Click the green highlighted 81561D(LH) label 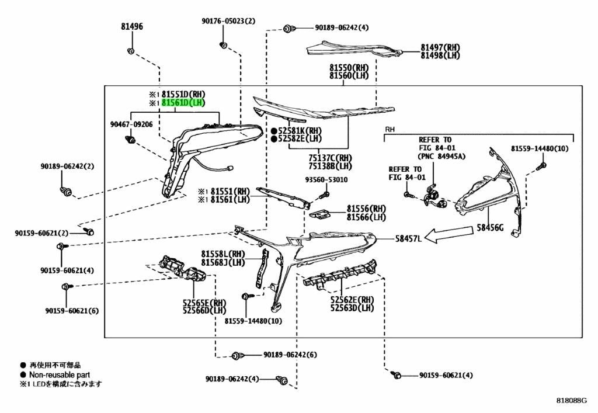pyautogui.click(x=183, y=103)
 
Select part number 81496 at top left pyautogui.click(x=132, y=26)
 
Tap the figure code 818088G pyautogui.click(x=571, y=400)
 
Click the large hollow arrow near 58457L pyautogui.click(x=449, y=234)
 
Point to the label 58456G pyautogui.click(x=490, y=228)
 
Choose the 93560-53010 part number pyautogui.click(x=326, y=179)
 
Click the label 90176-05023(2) pyautogui.click(x=228, y=21)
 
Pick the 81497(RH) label pyautogui.click(x=440, y=47)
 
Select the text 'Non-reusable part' pyautogui.click(x=60, y=375)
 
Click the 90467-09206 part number pyautogui.click(x=131, y=124)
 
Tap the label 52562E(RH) pyautogui.click(x=352, y=299)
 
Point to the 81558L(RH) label pyautogui.click(x=223, y=254)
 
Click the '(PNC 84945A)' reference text pyautogui.click(x=441, y=156)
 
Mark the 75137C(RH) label pyautogui.click(x=331, y=158)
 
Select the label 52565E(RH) pyautogui.click(x=204, y=303)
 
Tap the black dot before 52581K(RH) pyautogui.click(x=274, y=130)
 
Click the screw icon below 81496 pyautogui.click(x=130, y=51)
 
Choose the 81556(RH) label pyautogui.click(x=366, y=209)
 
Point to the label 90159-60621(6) pyautogui.click(x=72, y=311)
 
